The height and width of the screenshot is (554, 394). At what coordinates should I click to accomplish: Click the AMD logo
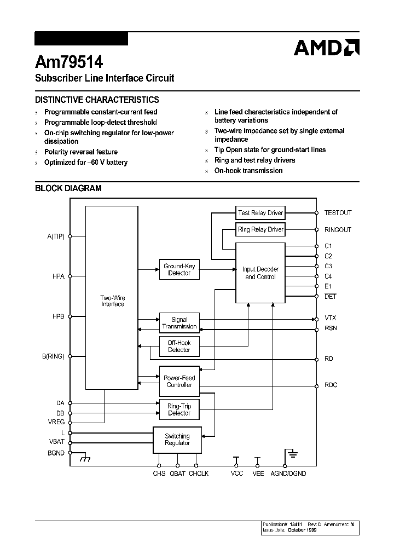[326, 48]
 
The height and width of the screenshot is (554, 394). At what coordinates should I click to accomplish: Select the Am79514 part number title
[69, 61]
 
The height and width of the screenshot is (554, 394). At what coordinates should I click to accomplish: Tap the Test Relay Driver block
[260, 213]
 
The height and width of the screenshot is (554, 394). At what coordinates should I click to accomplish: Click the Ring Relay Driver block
[260, 229]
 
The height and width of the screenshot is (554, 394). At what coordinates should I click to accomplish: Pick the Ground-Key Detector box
[179, 269]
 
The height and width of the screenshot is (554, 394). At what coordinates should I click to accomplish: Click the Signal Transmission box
[179, 323]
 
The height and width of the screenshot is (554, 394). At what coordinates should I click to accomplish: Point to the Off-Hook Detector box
[179, 346]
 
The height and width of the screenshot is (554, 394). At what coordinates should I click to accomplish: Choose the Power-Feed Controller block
[179, 381]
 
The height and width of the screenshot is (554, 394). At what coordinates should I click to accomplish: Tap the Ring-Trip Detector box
[179, 409]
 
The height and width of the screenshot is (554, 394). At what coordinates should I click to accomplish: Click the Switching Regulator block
[177, 440]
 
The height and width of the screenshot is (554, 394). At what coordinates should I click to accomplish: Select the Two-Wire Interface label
[112, 301]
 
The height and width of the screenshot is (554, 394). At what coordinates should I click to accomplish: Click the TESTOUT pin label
[338, 213]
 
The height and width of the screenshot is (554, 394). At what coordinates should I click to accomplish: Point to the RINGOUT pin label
[338, 230]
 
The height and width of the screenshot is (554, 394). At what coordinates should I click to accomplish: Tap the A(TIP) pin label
[56, 236]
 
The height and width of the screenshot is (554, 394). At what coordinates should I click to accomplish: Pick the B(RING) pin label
[53, 356]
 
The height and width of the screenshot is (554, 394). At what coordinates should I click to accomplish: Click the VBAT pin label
[56, 442]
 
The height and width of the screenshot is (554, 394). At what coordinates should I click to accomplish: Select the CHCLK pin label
[199, 474]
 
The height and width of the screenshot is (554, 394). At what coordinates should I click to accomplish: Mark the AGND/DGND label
[288, 474]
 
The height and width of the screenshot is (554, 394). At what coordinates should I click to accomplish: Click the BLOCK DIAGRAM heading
[68, 188]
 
